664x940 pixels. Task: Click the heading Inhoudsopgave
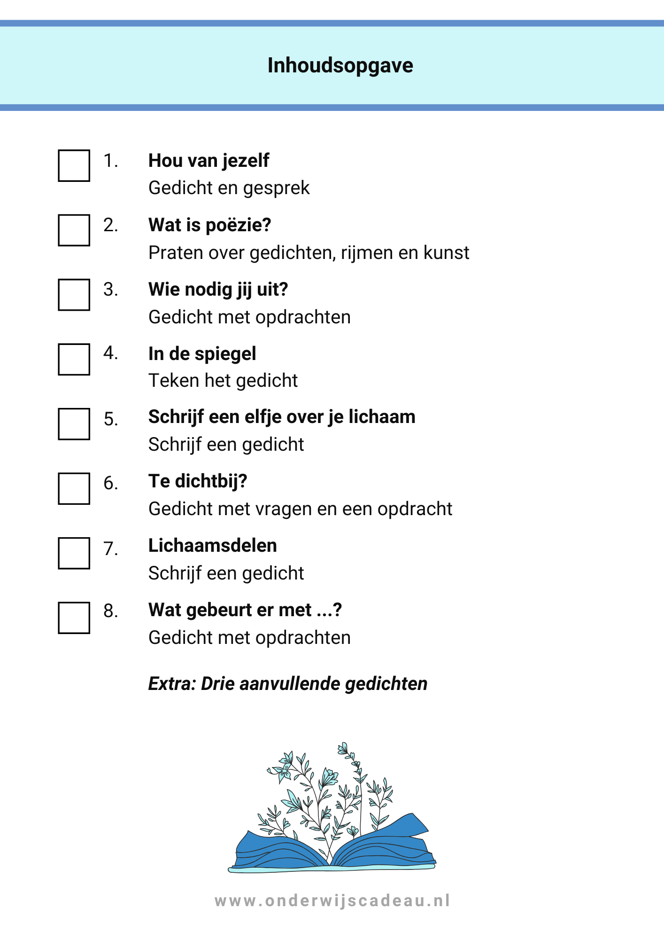[340, 65]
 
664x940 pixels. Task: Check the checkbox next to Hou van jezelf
[74, 165]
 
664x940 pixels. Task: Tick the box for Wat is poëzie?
[74, 230]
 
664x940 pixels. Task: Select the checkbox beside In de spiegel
[74, 360]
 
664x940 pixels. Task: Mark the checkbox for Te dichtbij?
[74, 489]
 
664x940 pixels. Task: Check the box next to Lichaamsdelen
[74, 553]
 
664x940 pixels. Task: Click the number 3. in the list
[111, 290]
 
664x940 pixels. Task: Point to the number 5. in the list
[111, 419]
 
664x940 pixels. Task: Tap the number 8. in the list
[111, 611]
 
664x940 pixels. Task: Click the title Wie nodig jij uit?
[218, 290]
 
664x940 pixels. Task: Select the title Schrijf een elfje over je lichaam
[282, 417]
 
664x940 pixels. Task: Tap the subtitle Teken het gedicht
[223, 380]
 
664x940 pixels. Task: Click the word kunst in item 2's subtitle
[446, 252]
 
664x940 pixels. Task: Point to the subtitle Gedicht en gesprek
[229, 188]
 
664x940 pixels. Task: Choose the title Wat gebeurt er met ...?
[245, 610]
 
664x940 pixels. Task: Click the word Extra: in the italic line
[172, 683]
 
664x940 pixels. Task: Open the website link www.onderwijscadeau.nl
[332, 901]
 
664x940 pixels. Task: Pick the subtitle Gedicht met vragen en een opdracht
[300, 509]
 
